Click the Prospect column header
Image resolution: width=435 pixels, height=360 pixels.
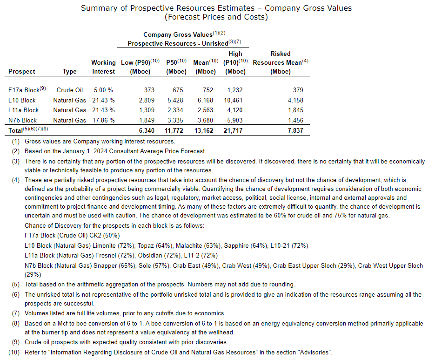[22, 72]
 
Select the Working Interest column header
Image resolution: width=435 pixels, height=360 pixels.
[103, 67]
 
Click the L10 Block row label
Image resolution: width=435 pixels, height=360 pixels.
[22, 100]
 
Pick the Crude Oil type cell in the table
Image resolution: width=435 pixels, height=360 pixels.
[70, 90]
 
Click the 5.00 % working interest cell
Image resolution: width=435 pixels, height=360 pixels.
[103, 90]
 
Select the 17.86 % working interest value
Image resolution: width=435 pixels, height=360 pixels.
[103, 120]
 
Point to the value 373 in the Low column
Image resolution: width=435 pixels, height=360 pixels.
[149, 90]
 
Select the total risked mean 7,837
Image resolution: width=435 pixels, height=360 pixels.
[295, 130]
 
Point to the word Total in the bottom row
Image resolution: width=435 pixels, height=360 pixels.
[16, 131]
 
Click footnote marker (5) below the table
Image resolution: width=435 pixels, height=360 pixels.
[16, 284]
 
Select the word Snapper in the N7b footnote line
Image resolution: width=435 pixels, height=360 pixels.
[107, 265]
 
